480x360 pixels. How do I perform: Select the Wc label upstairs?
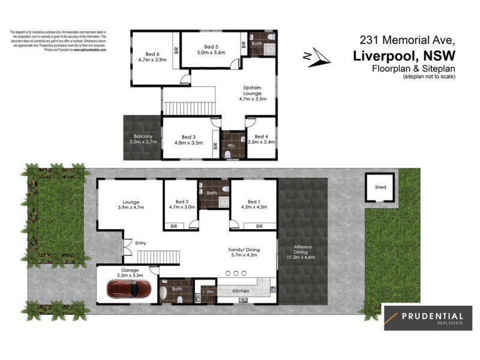(x=230, y=145)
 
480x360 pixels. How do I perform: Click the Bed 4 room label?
(x=260, y=137)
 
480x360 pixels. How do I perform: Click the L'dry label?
(x=207, y=291)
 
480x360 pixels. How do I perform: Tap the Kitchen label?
(x=241, y=291)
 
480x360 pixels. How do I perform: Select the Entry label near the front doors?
(x=141, y=243)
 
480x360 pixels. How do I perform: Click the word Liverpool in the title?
(x=384, y=55)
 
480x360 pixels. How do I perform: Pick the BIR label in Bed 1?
(x=259, y=226)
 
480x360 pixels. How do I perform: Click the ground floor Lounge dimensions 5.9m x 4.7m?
(x=130, y=208)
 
